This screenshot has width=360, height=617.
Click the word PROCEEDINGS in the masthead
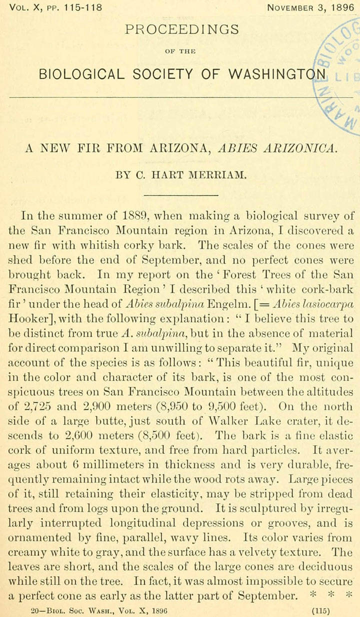click(182, 29)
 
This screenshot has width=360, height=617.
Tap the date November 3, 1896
click(310, 7)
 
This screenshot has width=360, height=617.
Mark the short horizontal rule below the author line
click(180, 195)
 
